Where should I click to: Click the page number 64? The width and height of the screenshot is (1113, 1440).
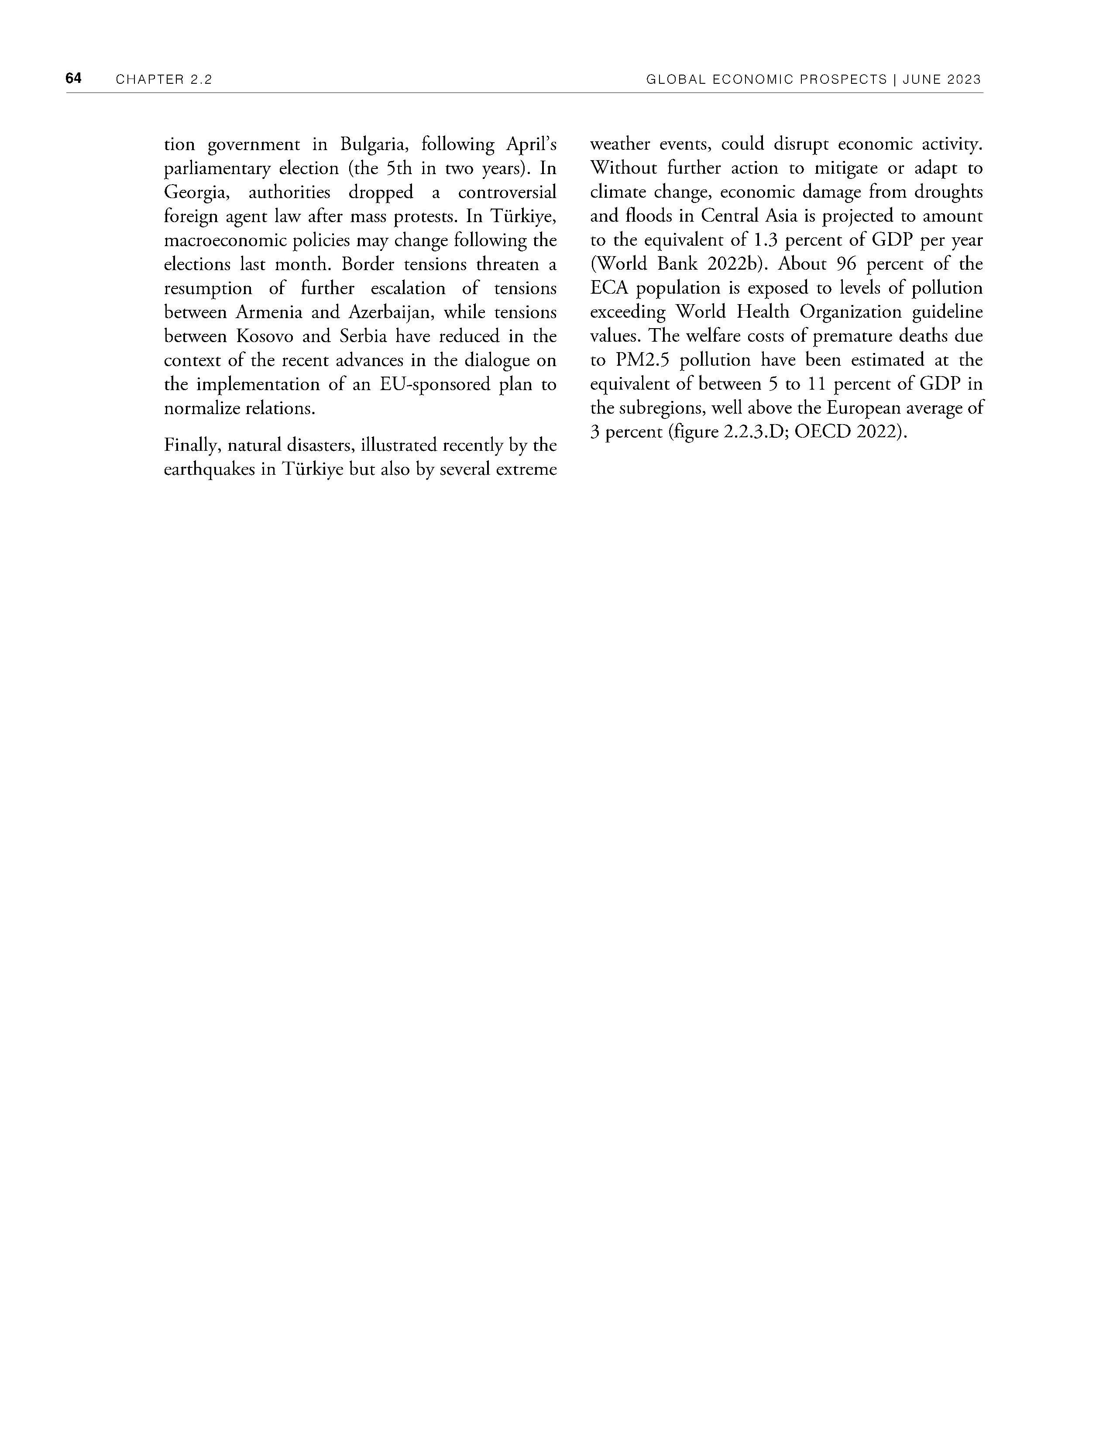tap(73, 79)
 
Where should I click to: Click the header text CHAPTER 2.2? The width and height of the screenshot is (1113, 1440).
tap(164, 80)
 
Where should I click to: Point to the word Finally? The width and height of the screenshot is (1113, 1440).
tap(191, 446)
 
